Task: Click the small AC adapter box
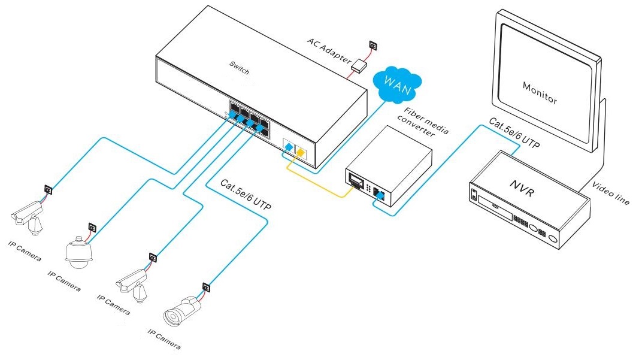pos(359,65)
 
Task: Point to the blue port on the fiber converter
pos(378,193)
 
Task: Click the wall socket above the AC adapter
pos(372,45)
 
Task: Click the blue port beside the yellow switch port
pos(289,146)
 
